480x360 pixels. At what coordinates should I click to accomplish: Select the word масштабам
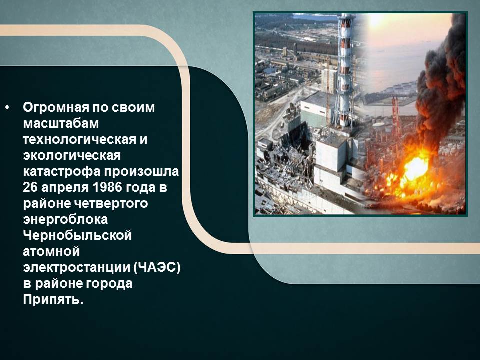pyautogui.click(x=61, y=123)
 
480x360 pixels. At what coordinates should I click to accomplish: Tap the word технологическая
pyautogui.click(x=79, y=140)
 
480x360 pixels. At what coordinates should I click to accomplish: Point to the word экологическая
pyautogui.click(x=72, y=156)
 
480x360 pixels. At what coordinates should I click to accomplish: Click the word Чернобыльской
pyautogui.click(x=77, y=235)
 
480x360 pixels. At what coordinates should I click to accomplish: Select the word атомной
pyautogui.click(x=51, y=251)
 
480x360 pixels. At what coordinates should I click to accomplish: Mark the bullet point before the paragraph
pyautogui.click(x=7, y=108)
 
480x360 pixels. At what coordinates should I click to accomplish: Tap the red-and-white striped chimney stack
pyautogui.click(x=345, y=70)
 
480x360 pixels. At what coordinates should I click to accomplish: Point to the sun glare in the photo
pyautogui.click(x=377, y=21)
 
